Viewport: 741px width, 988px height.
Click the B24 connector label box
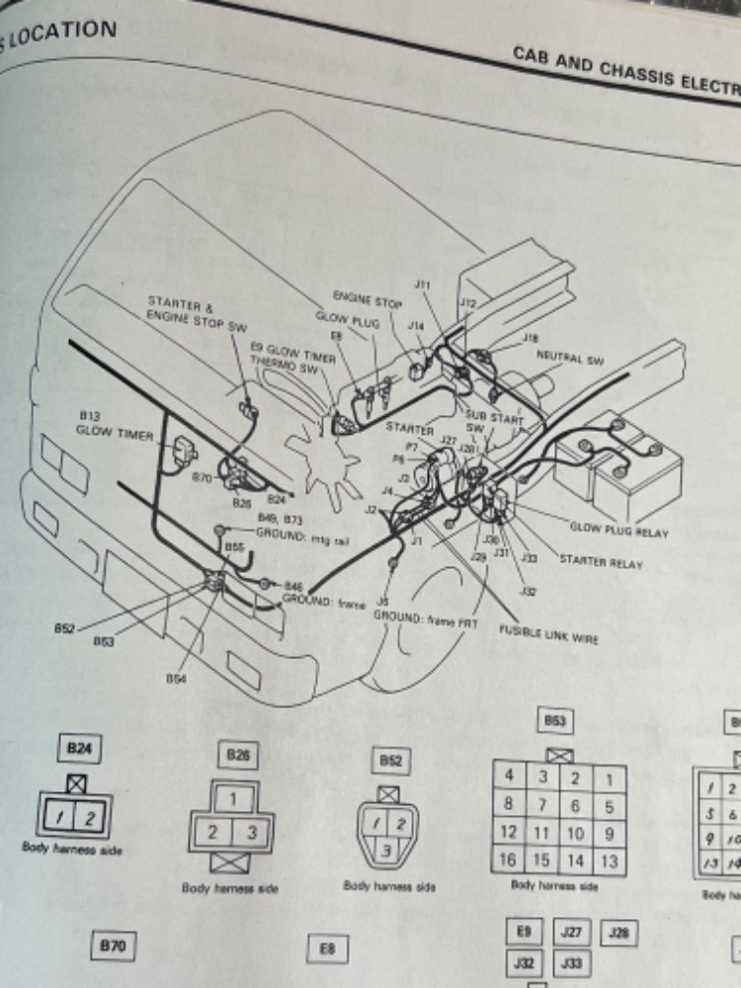click(79, 749)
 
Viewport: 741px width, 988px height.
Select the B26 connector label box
click(237, 756)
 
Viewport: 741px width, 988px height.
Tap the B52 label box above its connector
click(389, 761)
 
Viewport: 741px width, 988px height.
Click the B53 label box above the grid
click(555, 722)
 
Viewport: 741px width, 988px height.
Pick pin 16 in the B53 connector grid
click(508, 860)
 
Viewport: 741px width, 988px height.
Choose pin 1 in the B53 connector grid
click(610, 780)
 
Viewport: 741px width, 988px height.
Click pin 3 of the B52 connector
click(387, 849)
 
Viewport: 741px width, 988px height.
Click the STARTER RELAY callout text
click(601, 563)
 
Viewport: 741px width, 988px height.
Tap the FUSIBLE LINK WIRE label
click(548, 632)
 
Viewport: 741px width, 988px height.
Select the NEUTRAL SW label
click(569, 359)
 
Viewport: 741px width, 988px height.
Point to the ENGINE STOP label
click(367, 300)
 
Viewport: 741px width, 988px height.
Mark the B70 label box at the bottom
click(112, 947)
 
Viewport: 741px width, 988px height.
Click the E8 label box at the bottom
click(328, 949)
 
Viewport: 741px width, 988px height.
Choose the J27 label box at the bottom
click(571, 932)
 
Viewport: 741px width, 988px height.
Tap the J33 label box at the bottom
click(571, 961)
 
